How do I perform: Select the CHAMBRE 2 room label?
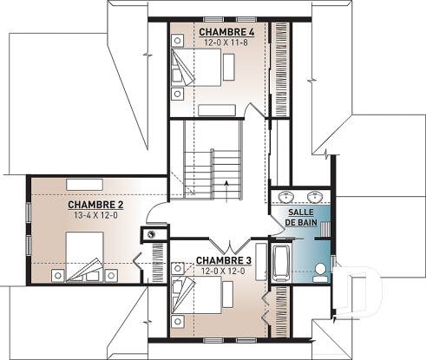[x=96, y=205]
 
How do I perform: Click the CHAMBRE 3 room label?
[x=223, y=260]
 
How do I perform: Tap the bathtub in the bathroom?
[x=281, y=265]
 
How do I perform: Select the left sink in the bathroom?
[x=291, y=195]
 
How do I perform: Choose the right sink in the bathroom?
[x=313, y=195]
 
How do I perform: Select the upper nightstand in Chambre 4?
[x=179, y=52]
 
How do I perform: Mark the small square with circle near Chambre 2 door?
[x=153, y=233]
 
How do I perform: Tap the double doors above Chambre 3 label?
[x=228, y=243]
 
